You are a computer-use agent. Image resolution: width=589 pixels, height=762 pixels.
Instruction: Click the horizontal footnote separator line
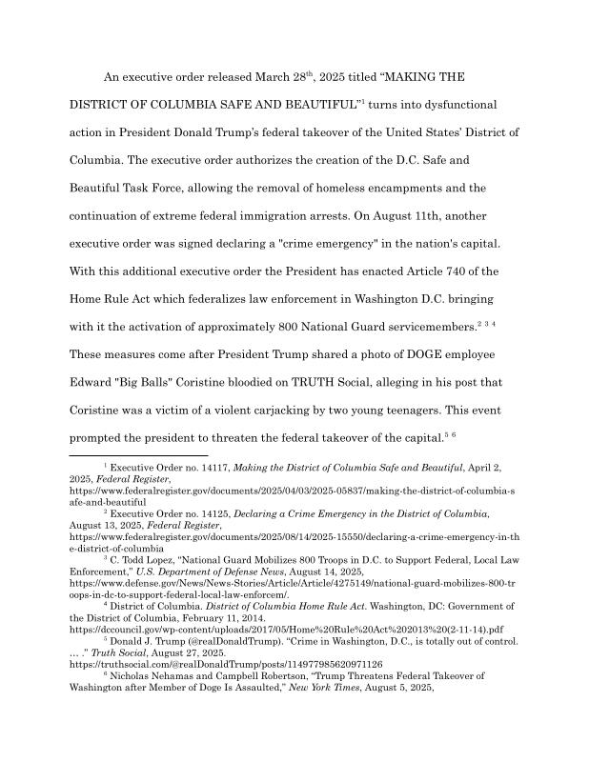click(139, 457)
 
